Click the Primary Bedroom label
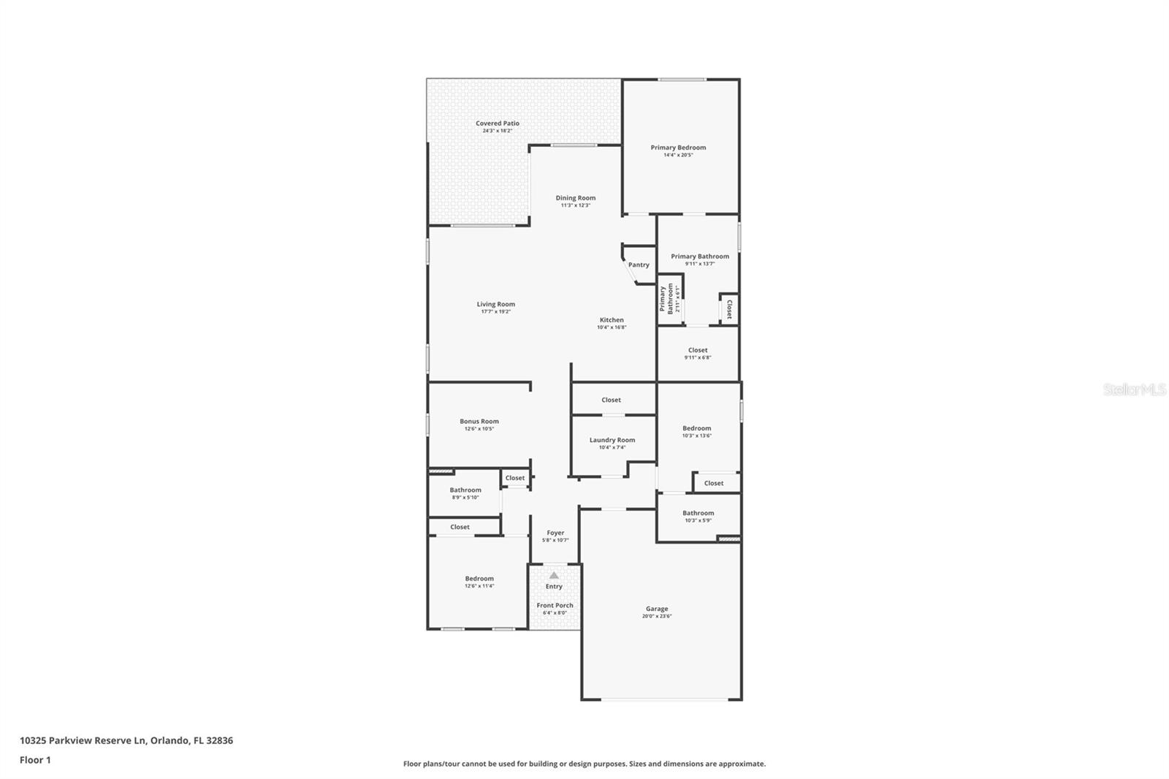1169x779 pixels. [x=678, y=148]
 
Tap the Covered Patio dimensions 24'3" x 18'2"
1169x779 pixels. [x=498, y=131]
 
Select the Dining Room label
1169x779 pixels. [x=575, y=198]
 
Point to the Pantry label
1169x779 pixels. [x=639, y=265]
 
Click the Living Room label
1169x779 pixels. [x=495, y=304]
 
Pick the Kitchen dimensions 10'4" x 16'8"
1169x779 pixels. [x=612, y=327]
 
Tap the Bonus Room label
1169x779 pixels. [x=479, y=422]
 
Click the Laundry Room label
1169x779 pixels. [x=612, y=440]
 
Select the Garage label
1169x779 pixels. [x=657, y=609]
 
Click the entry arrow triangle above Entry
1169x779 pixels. [x=554, y=576]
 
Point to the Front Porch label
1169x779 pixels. [x=555, y=605]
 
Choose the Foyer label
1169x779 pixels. [x=555, y=533]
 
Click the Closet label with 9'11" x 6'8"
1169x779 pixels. [x=698, y=350]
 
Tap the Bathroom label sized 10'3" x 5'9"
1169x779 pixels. [x=698, y=513]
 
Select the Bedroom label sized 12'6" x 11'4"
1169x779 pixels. [x=479, y=578]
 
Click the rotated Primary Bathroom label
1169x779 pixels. [x=666, y=298]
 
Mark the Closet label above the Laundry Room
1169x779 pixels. [x=611, y=400]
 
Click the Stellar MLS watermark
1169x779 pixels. [x=1135, y=389]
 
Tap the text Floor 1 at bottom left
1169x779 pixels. [x=35, y=760]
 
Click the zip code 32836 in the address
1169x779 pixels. [x=220, y=740]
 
